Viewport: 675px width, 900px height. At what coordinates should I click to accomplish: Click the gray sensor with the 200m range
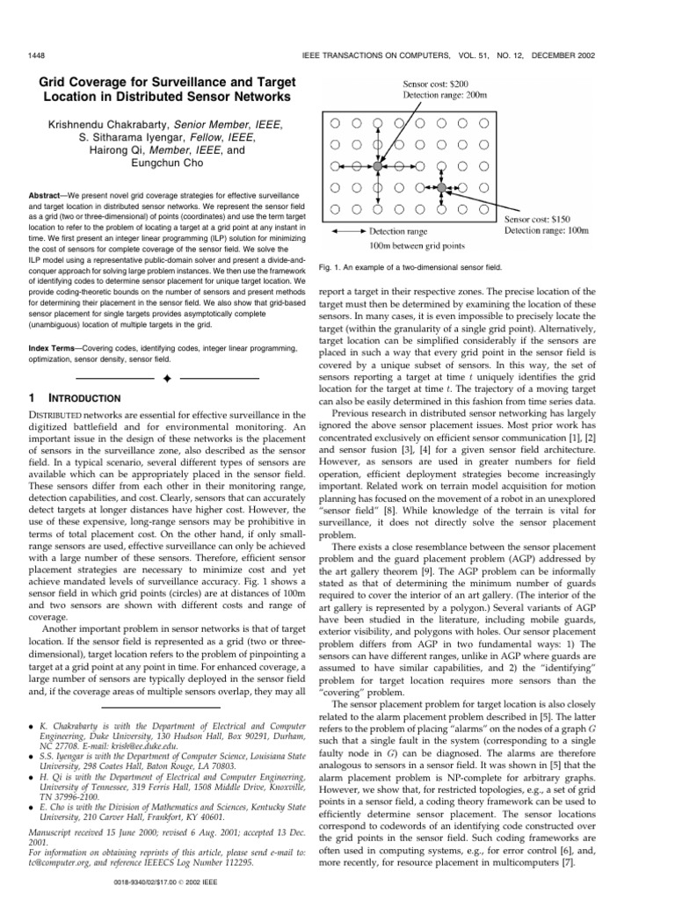pyautogui.click(x=377, y=165)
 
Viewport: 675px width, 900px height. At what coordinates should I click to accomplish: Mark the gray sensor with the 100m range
pyautogui.click(x=442, y=187)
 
